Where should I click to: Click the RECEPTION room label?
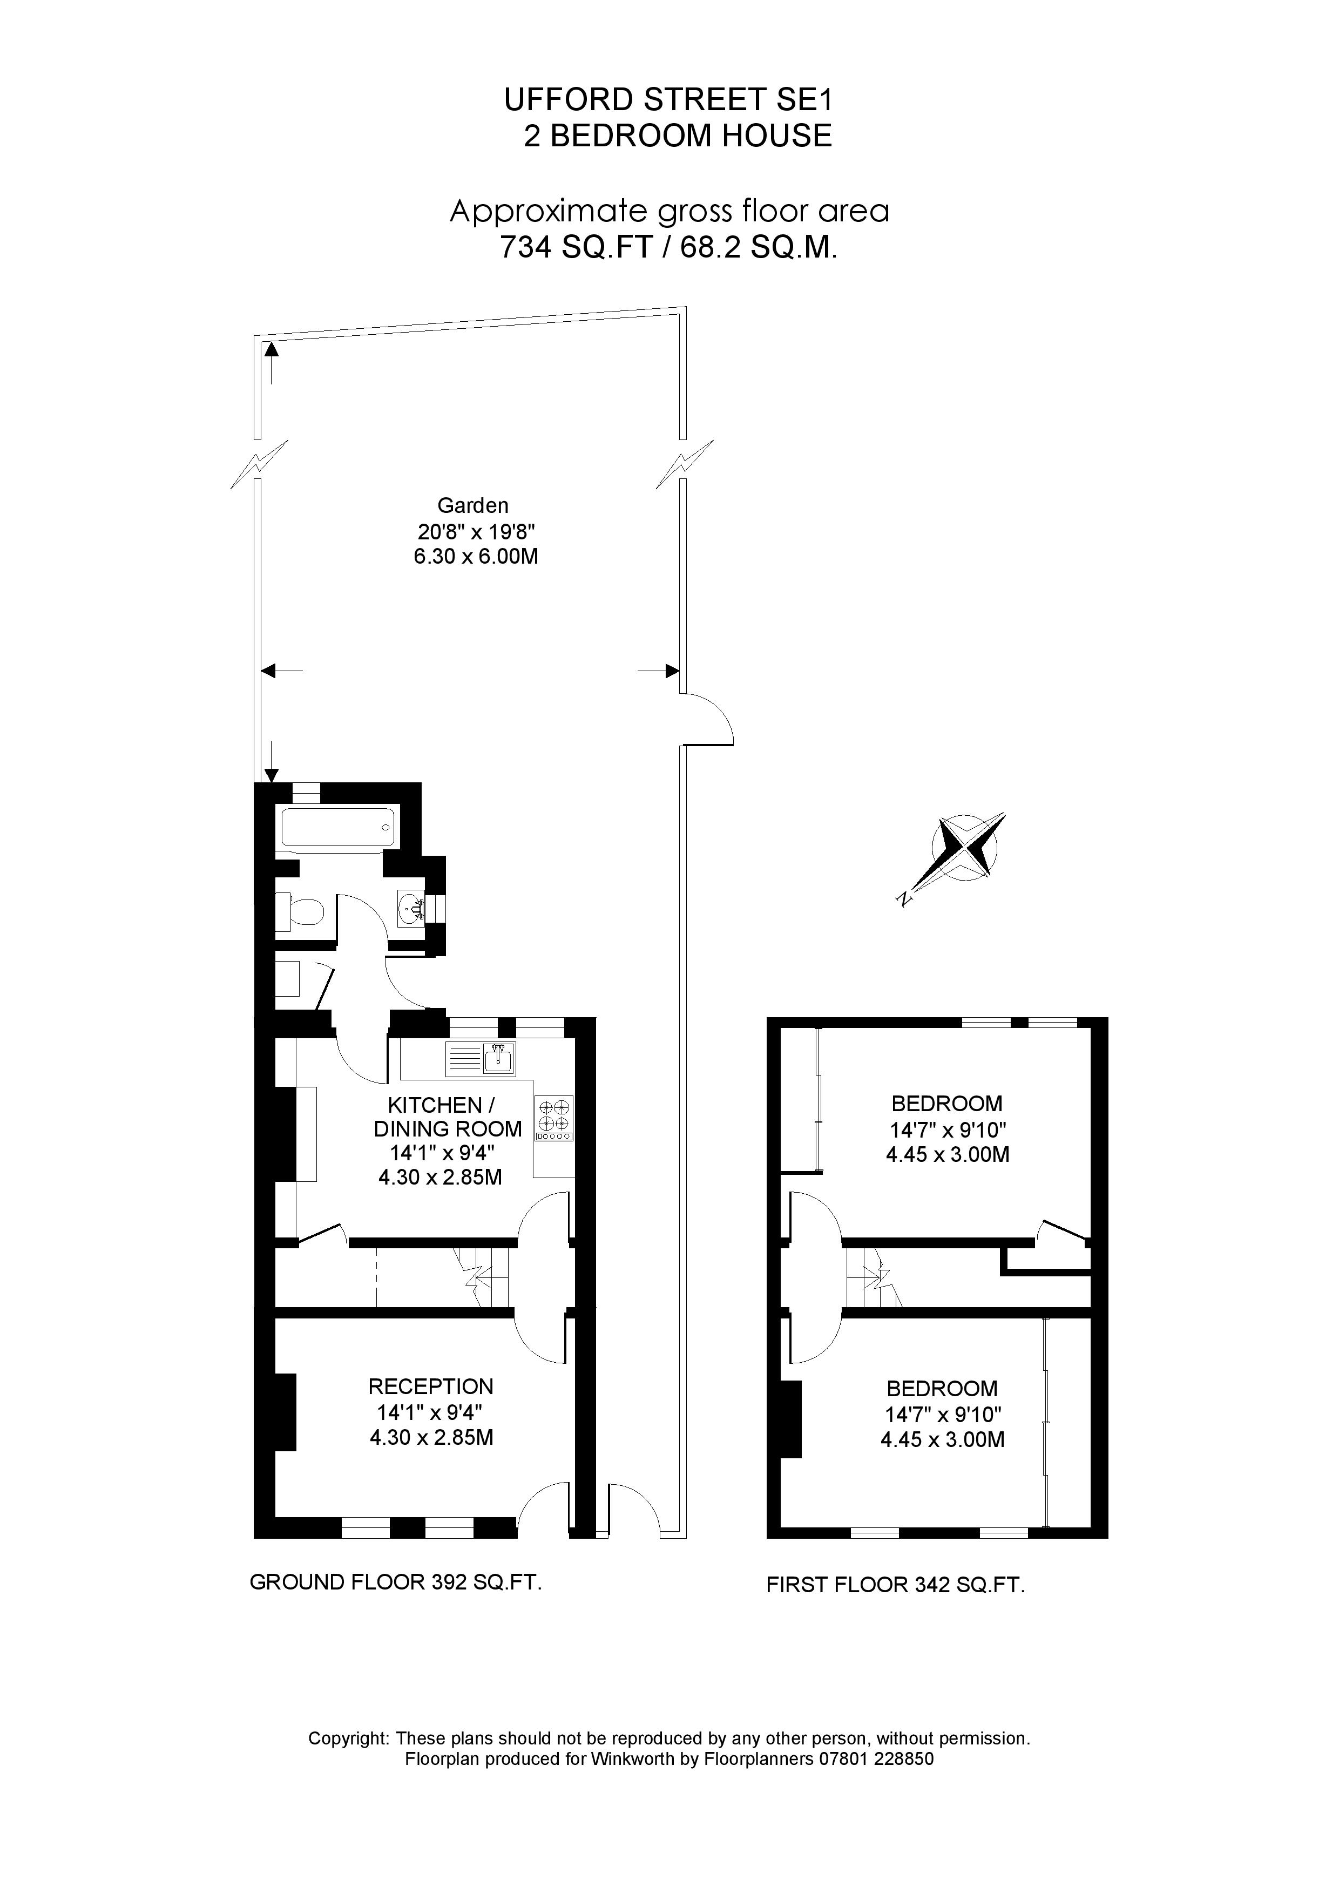pos(431,1386)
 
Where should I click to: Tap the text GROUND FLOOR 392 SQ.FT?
pos(395,1581)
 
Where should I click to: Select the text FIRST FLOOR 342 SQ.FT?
pos(895,1584)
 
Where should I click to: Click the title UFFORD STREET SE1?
pos(669,100)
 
